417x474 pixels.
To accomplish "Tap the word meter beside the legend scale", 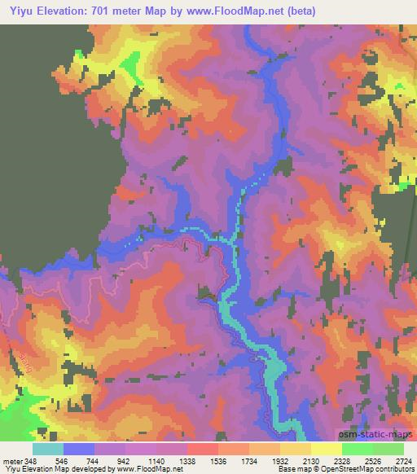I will [12, 460].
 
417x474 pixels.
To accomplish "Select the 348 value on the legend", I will [31, 460].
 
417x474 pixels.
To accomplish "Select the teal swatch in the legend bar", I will [48, 449].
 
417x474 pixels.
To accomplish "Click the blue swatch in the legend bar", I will [79, 449].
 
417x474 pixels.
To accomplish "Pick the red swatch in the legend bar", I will [203, 449].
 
